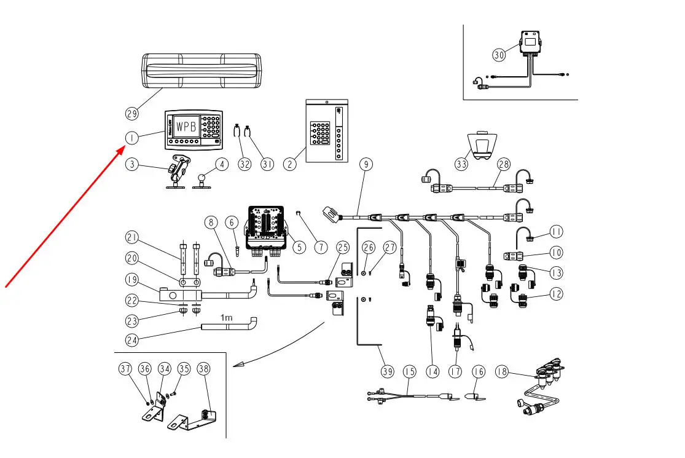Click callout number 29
coord(132,113)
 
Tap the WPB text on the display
coord(186,127)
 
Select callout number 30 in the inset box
coord(499,54)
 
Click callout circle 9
coord(366,164)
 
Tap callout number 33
coord(461,164)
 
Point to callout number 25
coord(343,247)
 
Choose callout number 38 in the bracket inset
coord(203,369)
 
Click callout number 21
coord(132,237)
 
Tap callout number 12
coord(556,294)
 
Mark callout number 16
coord(479,371)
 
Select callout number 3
coord(132,164)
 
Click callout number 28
coord(504,164)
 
